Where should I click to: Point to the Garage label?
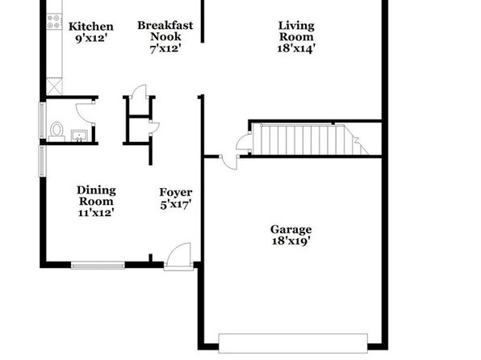point(291,229)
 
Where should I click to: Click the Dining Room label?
point(96,195)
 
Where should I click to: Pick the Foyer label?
point(176,192)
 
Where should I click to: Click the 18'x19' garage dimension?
point(291,241)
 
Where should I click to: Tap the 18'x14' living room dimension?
point(296,48)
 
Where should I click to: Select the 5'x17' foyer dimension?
point(176,204)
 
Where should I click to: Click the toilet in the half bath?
point(56,132)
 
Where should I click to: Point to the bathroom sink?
point(79,136)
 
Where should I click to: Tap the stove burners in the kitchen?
point(54,22)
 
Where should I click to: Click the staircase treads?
point(310,140)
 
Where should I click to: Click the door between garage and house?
point(229,163)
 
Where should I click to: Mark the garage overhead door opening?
point(293,343)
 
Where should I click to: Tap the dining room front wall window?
point(98,266)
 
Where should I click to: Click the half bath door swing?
point(85,113)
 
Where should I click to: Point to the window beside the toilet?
point(42,120)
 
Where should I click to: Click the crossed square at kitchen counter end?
point(54,86)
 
